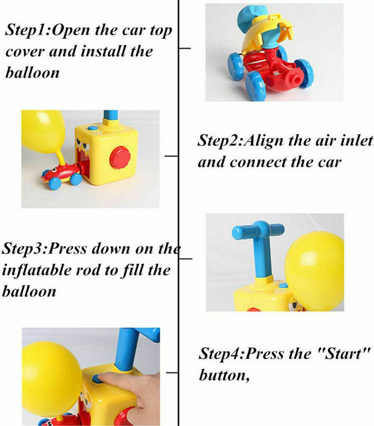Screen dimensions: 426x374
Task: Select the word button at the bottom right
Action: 223,375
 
